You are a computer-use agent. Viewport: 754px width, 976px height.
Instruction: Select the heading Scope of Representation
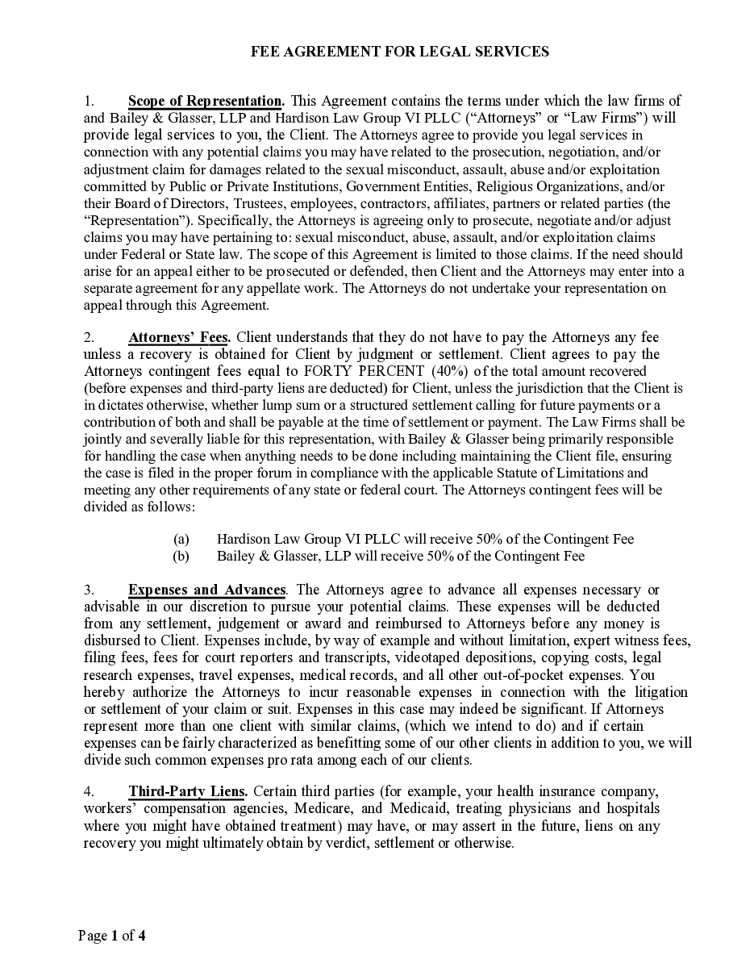pyautogui.click(x=206, y=101)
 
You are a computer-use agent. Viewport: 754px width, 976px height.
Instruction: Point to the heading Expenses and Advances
pyautogui.click(x=206, y=590)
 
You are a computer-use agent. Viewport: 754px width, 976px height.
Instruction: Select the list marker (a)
pyautogui.click(x=181, y=539)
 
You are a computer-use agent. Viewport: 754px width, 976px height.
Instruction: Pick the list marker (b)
pyautogui.click(x=181, y=556)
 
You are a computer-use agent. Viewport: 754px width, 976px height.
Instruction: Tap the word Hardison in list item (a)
pyautogui.click(x=243, y=539)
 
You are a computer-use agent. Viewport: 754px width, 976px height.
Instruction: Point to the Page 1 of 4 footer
pyautogui.click(x=112, y=936)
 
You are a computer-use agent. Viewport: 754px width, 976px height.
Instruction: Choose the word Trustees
pyautogui.click(x=259, y=203)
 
